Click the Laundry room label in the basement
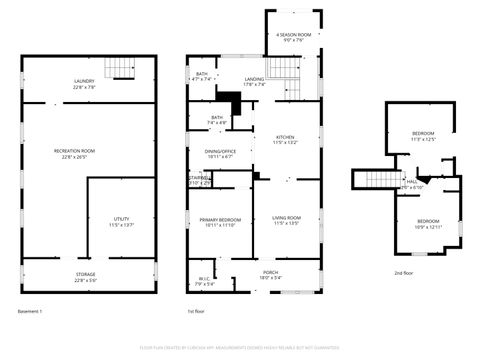point(83,83)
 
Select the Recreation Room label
point(82,153)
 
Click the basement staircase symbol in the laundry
point(122,68)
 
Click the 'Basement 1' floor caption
point(30,311)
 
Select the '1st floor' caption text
point(197,311)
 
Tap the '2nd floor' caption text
point(404,272)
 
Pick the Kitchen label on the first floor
point(285,139)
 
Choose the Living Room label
point(285,219)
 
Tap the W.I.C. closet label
point(204,281)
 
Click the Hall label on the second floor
point(410,183)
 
